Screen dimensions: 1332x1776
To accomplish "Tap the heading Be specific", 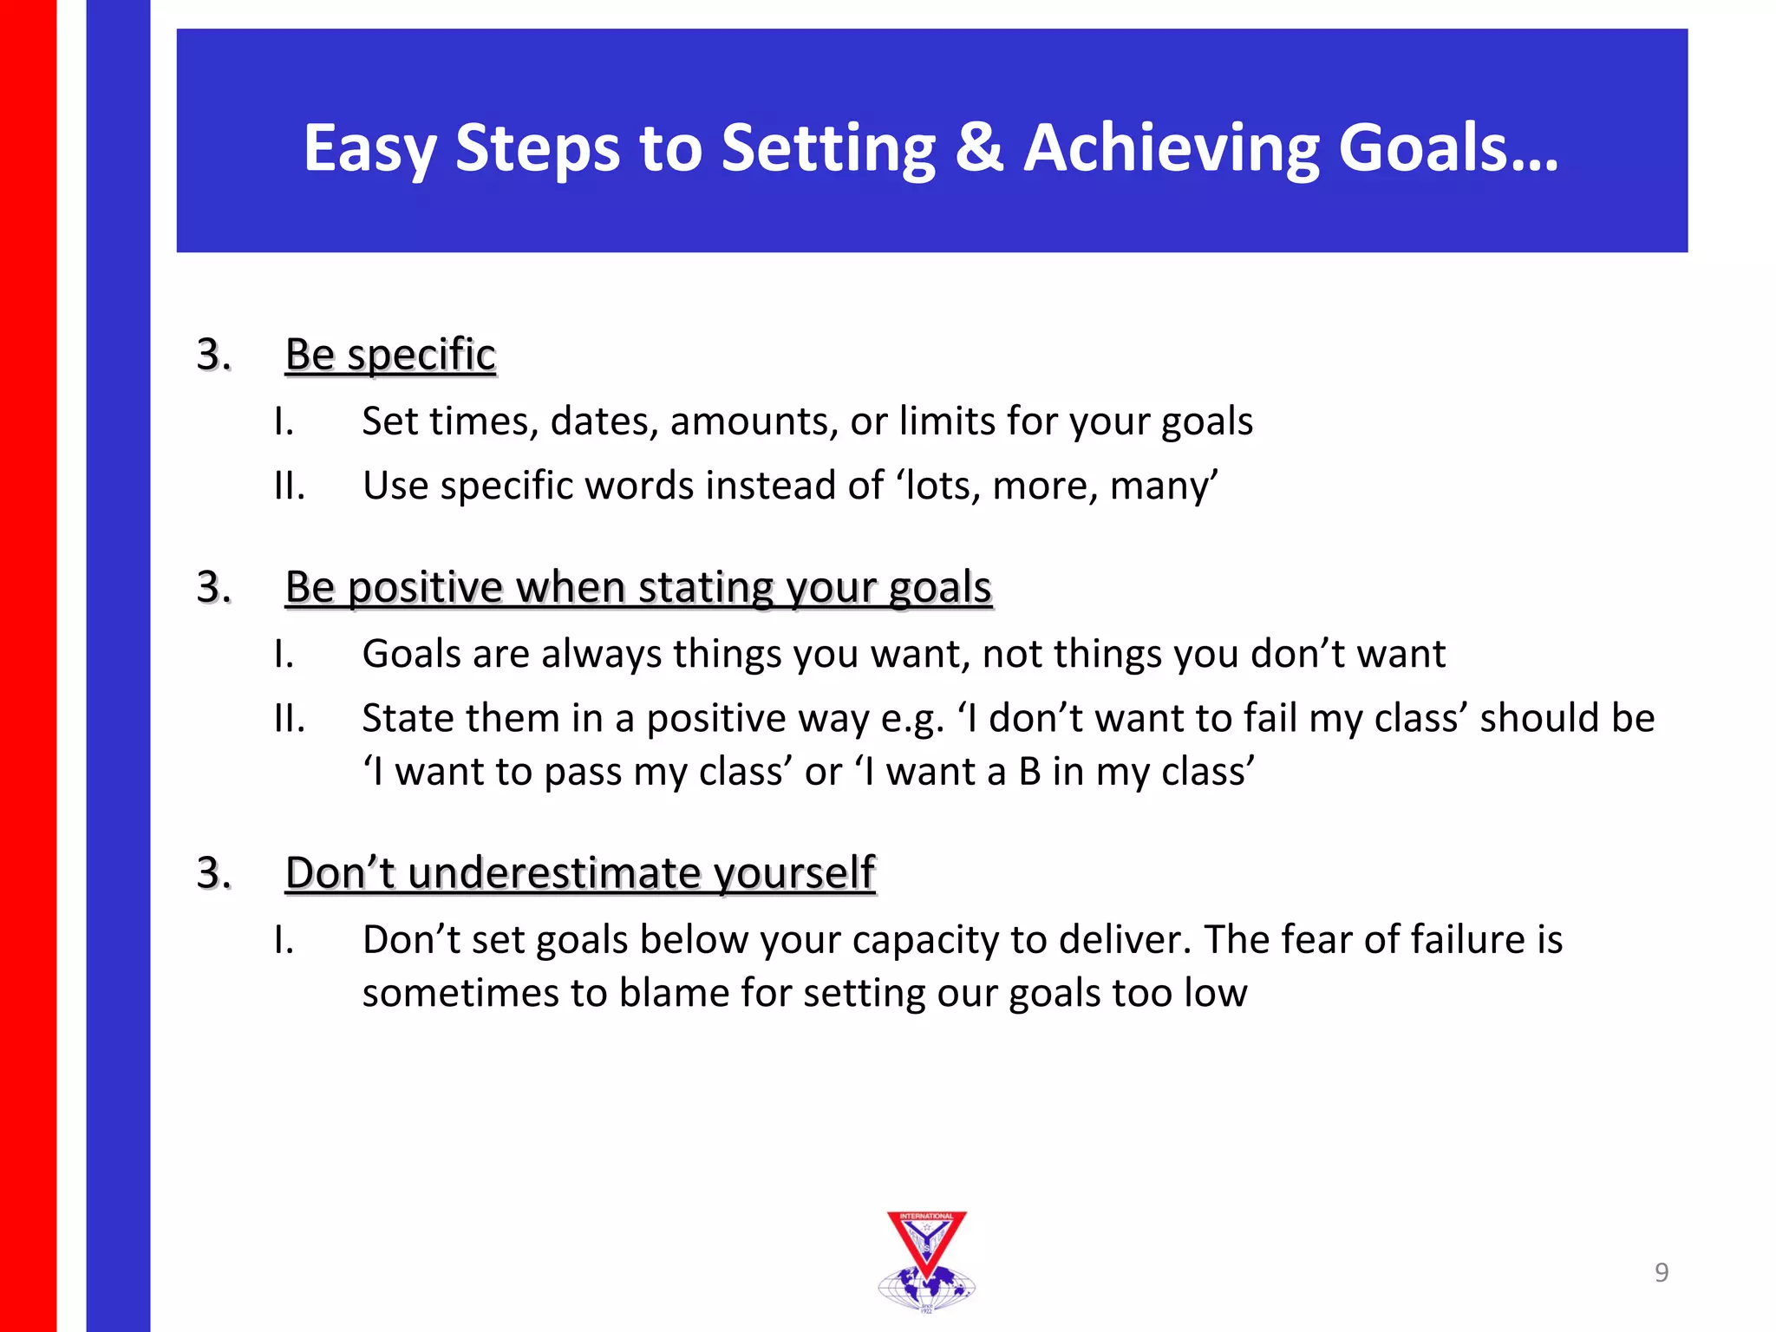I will tap(390, 355).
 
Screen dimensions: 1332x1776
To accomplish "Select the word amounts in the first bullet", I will tap(753, 421).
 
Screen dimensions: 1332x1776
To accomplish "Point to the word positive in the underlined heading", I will tap(425, 588).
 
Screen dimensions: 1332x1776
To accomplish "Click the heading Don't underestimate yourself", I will tap(579, 872).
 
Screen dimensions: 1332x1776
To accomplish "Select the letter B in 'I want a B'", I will tap(1029, 772).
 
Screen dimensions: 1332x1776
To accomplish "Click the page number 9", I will tap(1661, 1272).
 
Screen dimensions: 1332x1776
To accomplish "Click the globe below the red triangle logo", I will tap(926, 1288).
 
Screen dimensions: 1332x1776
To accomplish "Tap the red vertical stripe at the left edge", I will tap(28, 666).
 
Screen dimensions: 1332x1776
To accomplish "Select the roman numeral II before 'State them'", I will tap(288, 719).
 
